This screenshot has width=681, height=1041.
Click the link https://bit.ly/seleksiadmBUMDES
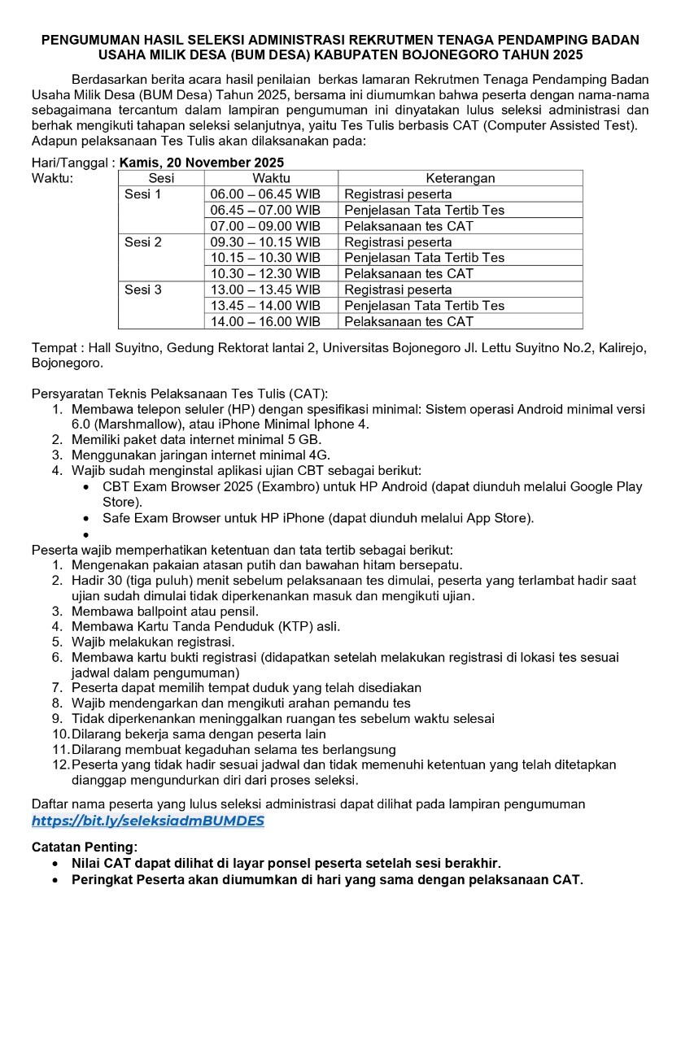pyautogui.click(x=148, y=821)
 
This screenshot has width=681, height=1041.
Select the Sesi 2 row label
pyautogui.click(x=143, y=242)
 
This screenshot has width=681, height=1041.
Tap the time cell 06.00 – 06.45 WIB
pyautogui.click(x=265, y=194)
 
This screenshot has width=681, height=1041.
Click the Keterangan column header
pyautogui.click(x=460, y=178)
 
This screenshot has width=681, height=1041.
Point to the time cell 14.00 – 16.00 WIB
pyautogui.click(x=265, y=322)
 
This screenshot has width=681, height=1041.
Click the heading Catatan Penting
pyautogui.click(x=85, y=847)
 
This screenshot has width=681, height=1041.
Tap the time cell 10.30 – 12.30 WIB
pyautogui.click(x=265, y=274)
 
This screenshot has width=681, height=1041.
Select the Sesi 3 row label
pyautogui.click(x=143, y=290)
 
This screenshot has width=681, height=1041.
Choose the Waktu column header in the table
pyautogui.click(x=271, y=178)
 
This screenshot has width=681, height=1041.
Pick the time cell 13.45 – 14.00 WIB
pyautogui.click(x=265, y=306)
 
